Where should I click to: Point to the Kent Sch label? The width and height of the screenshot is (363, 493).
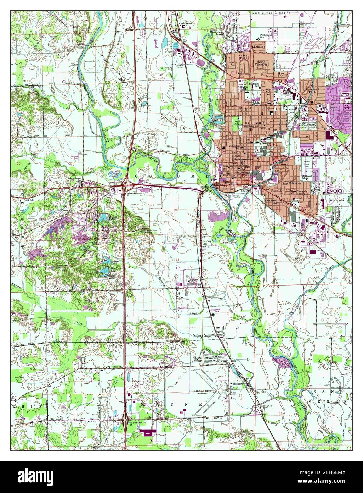click(x=28, y=200)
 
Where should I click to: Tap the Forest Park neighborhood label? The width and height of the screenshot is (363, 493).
click(x=244, y=57)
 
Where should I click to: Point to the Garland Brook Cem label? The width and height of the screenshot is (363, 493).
click(x=307, y=164)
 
